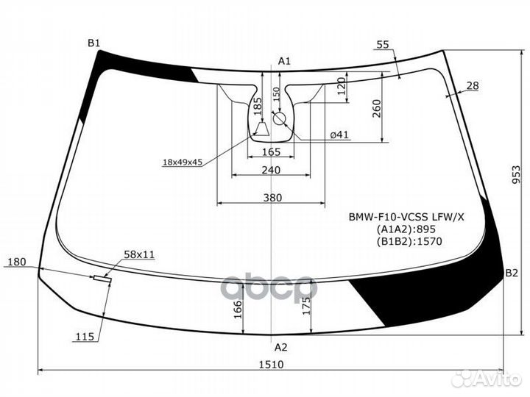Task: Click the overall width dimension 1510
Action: [x=272, y=365]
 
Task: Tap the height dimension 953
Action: [x=516, y=174]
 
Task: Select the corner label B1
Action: [x=94, y=43]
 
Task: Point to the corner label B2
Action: [x=512, y=273]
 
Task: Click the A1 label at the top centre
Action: [x=284, y=61]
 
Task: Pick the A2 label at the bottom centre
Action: [x=280, y=347]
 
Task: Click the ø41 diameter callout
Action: [x=339, y=135]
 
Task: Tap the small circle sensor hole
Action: [x=280, y=118]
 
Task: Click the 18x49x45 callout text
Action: [x=183, y=162]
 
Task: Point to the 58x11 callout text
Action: [x=139, y=254]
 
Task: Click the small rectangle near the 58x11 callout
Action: [x=102, y=279]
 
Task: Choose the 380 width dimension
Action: [x=272, y=198]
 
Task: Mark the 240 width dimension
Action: [x=271, y=170]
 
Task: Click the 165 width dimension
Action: [x=272, y=152]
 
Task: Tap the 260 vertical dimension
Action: [x=376, y=108]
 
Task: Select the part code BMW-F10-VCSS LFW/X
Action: [x=406, y=217]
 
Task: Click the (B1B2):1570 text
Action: [x=409, y=241]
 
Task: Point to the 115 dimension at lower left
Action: [x=85, y=337]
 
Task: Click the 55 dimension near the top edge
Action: [x=383, y=45]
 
